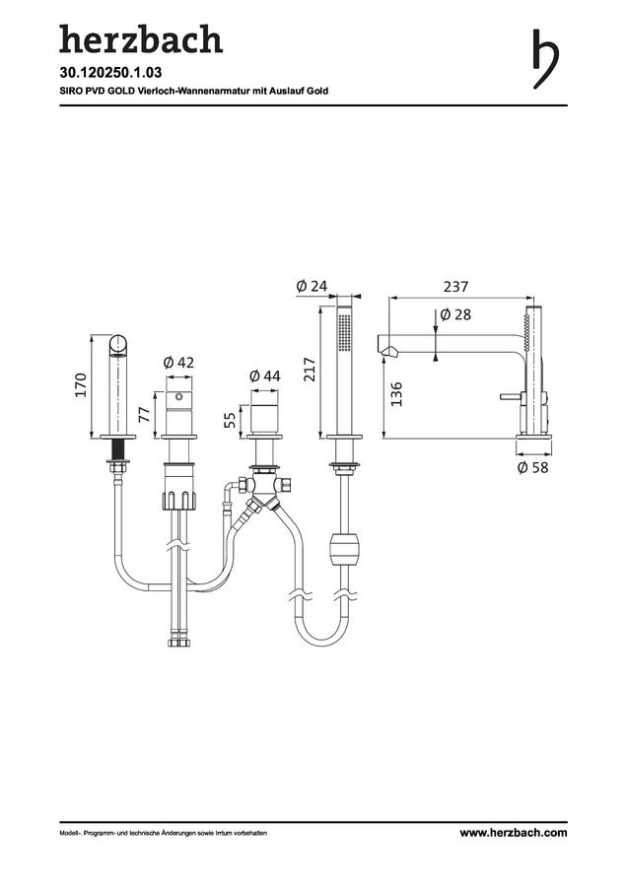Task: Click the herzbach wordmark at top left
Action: [x=141, y=39]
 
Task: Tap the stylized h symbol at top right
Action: [x=545, y=59]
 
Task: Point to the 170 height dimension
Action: [x=81, y=384]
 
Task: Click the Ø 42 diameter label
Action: [x=178, y=362]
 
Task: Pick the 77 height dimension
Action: [x=145, y=415]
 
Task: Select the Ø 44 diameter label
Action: [x=264, y=375]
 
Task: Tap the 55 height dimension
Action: [x=230, y=420]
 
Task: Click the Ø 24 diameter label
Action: [x=312, y=286]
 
